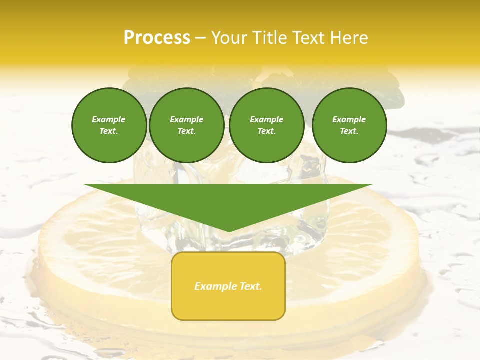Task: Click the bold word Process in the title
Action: [157, 37]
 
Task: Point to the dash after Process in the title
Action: [201, 38]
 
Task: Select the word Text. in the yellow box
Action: [250, 286]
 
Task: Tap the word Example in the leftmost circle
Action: [109, 119]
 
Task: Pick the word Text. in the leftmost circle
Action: [109, 131]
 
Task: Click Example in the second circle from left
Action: [186, 119]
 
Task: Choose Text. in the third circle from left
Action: [266, 131]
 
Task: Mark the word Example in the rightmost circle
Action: [349, 119]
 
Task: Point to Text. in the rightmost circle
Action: [349, 131]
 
